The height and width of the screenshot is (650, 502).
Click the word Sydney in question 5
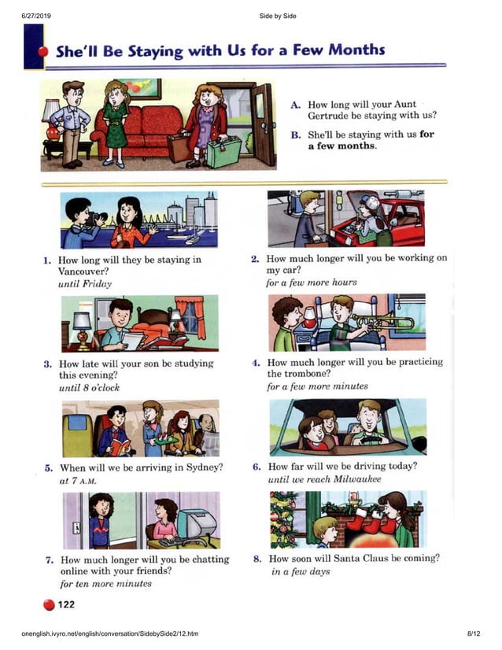tap(202, 467)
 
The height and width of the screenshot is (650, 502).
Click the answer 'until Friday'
tap(85, 284)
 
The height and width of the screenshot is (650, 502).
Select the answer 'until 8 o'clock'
tap(90, 387)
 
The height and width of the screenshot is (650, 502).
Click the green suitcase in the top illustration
tap(224, 150)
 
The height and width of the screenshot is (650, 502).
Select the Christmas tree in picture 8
tap(285, 518)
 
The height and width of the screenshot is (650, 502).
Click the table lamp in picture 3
tap(82, 322)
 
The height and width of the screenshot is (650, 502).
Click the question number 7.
tap(49, 560)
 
